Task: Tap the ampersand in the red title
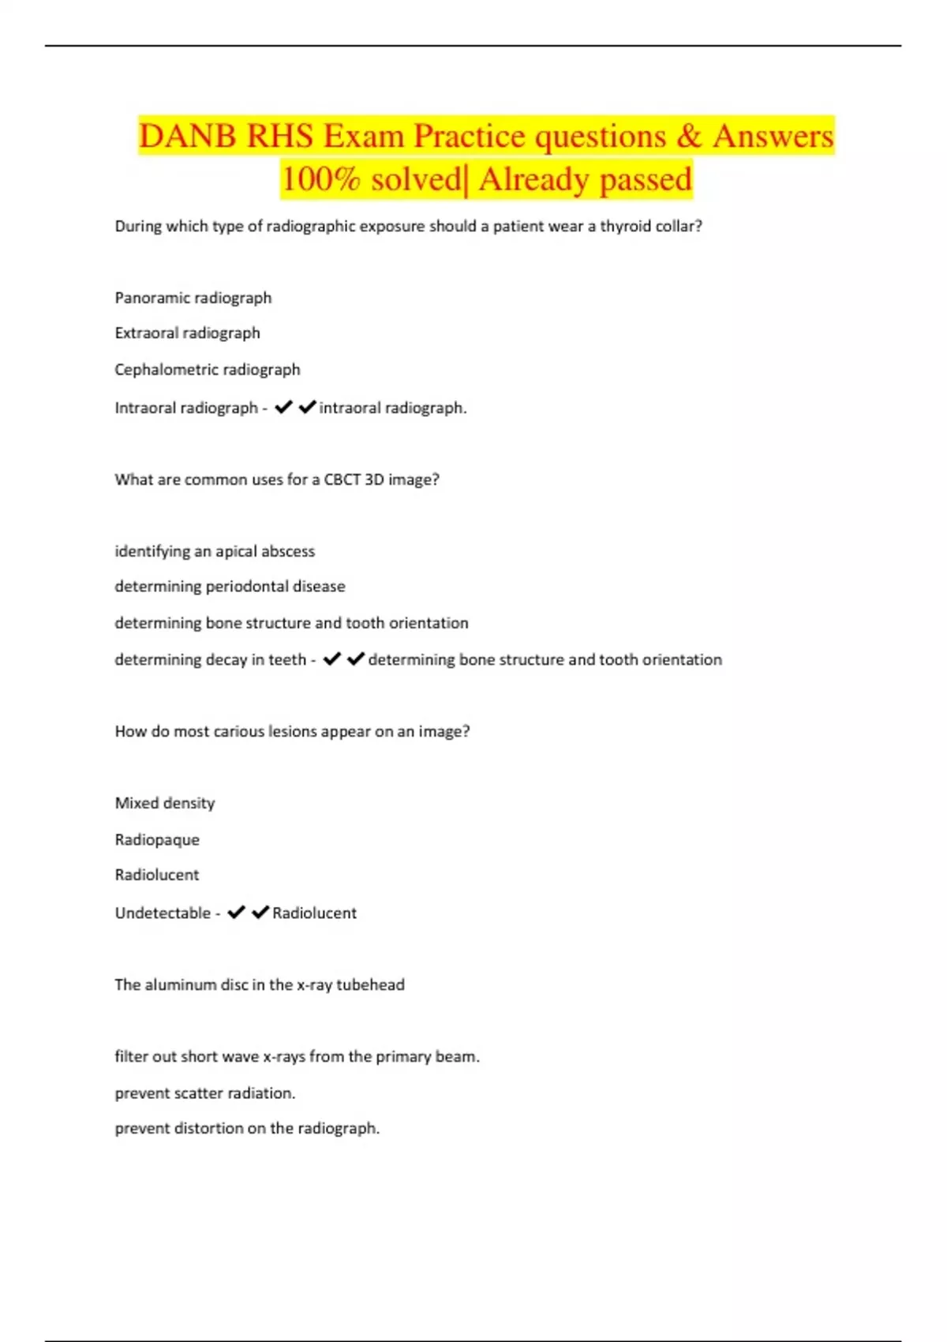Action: point(688,136)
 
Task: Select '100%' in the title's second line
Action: point(320,179)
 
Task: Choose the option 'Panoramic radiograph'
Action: point(193,298)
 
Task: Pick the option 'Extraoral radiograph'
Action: point(187,333)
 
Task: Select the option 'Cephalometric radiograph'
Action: point(208,369)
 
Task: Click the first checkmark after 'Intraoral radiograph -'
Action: point(284,407)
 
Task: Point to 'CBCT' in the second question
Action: point(342,479)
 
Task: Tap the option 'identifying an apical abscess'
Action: point(215,551)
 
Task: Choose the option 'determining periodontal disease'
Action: point(230,587)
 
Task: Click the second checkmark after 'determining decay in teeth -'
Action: point(356,658)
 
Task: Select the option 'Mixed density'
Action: point(165,803)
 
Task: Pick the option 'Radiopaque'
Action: point(157,840)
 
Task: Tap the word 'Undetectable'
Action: point(163,913)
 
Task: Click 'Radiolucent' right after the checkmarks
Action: point(314,913)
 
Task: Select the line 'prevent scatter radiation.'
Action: point(205,1093)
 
